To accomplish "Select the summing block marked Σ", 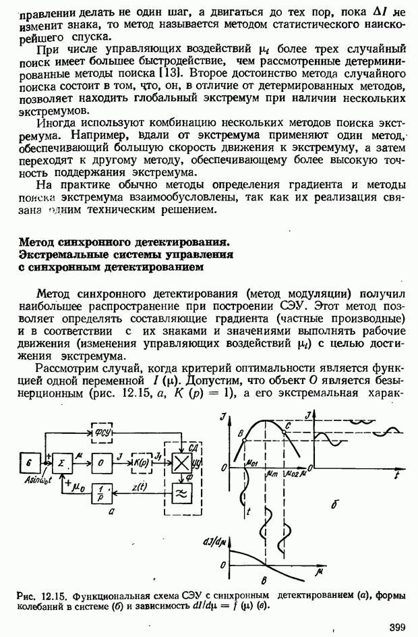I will click(63, 463).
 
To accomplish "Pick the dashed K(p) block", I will click(142, 462).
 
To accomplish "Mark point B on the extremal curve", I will click(241, 432).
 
